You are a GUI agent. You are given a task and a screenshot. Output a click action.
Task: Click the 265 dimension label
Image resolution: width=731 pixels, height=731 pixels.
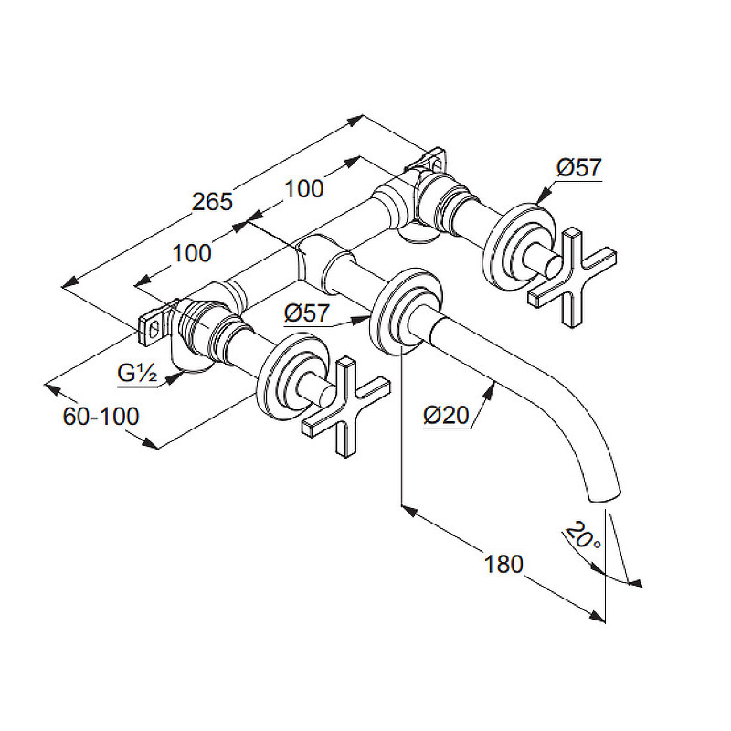(212, 202)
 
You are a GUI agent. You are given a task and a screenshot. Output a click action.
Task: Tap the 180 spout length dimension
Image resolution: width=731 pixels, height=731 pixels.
(504, 564)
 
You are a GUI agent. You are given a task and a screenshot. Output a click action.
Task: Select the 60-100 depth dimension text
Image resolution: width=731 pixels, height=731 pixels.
(101, 416)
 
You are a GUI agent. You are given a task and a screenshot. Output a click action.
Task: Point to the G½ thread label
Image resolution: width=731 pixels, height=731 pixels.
(137, 373)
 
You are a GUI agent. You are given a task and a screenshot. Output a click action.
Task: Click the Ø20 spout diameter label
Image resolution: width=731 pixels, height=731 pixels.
(446, 415)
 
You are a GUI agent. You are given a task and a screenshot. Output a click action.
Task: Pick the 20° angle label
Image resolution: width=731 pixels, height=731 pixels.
(584, 535)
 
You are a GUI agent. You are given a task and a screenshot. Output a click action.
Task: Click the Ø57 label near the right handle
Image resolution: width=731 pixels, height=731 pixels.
(579, 167)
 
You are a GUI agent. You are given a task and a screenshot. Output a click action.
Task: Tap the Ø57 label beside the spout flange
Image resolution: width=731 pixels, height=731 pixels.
(307, 313)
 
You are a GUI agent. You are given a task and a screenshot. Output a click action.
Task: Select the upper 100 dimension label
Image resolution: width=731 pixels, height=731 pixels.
(304, 189)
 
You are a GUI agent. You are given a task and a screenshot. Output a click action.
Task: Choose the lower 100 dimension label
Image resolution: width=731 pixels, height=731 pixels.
(192, 254)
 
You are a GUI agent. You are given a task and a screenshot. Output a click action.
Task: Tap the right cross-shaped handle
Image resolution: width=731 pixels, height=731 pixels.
(572, 278)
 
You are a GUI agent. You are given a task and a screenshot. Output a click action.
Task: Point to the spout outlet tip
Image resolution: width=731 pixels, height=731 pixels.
(606, 496)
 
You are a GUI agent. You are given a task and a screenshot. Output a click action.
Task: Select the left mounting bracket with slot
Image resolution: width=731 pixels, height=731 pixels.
(153, 329)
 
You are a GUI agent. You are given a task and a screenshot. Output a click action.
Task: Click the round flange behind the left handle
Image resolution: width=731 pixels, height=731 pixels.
(292, 376)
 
